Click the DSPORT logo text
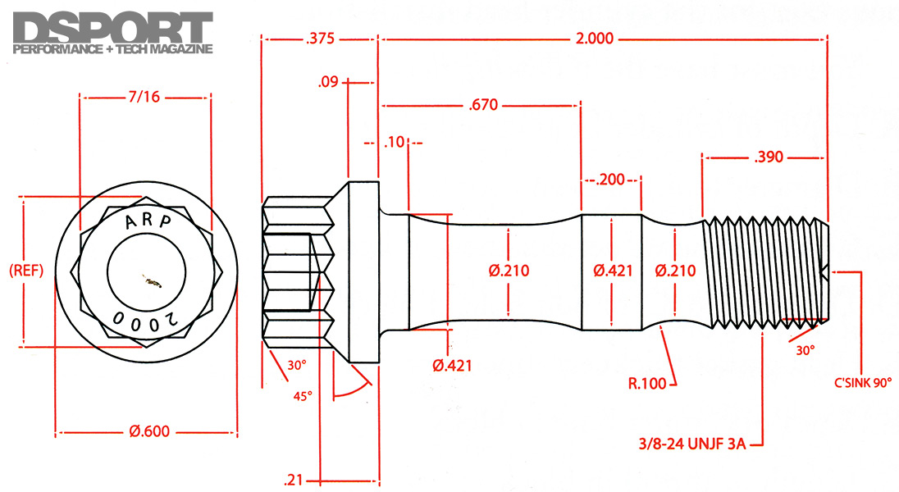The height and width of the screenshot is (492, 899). click(x=113, y=26)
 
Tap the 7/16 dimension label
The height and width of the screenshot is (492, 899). click(x=144, y=97)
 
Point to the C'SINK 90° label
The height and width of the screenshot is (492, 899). click(x=860, y=382)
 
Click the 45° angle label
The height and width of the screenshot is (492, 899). click(x=303, y=395)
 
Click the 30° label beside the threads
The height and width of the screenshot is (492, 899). click(x=805, y=349)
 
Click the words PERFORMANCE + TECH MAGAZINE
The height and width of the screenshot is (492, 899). click(x=113, y=48)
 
